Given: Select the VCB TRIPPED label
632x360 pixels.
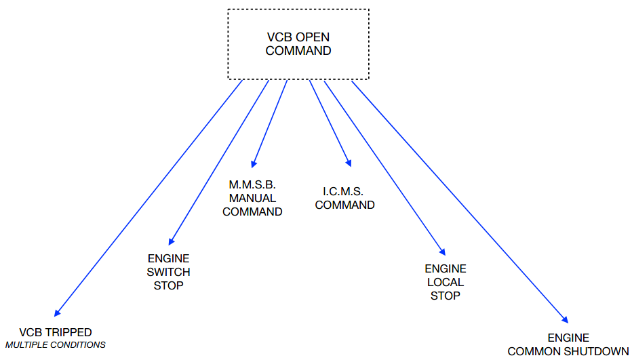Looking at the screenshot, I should [56, 332].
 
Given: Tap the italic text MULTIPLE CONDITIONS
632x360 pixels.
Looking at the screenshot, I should [56, 344].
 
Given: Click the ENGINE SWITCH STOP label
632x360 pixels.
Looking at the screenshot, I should [168, 272].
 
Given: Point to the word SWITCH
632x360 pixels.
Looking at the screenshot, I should [168, 272].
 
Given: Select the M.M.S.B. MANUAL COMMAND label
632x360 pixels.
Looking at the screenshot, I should [252, 198].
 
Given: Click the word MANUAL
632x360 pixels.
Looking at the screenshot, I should [252, 198].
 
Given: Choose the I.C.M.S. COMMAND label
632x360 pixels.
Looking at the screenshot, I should [344, 198].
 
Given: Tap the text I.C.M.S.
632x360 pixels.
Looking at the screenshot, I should [344, 191].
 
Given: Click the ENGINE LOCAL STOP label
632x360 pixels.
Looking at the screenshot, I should [446, 282].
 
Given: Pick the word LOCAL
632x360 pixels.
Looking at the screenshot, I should [446, 282].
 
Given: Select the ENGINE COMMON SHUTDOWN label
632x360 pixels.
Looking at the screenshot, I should [568, 344].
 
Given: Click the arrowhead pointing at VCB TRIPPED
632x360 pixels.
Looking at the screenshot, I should [57, 313].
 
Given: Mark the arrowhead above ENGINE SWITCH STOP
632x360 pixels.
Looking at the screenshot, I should [172, 241].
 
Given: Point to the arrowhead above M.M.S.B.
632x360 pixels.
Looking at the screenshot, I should [254, 164].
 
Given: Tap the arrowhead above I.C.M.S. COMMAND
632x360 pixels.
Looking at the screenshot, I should [349, 163].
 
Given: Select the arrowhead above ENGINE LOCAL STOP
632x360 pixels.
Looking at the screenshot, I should [443, 251].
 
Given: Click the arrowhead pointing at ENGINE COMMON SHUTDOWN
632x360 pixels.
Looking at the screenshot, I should [565, 317].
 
